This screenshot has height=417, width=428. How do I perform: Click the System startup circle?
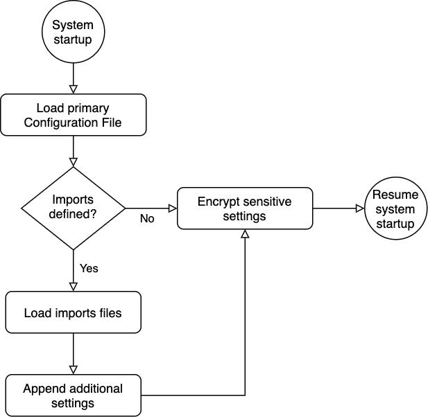point(73,32)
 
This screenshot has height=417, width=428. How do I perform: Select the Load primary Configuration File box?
point(73,116)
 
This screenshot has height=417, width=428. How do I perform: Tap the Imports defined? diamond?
point(73,208)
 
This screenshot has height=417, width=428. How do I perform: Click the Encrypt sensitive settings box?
point(244,208)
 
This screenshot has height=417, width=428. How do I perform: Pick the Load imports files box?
point(73,312)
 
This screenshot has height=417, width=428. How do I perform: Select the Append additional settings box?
point(73,395)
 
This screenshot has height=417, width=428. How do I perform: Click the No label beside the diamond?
point(147,219)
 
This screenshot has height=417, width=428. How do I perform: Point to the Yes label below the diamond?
point(89,268)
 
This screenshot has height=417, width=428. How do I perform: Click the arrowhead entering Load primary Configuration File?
point(73,89)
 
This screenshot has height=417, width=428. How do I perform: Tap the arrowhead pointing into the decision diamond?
point(73,161)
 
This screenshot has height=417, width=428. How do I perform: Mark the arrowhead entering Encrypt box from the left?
point(172,208)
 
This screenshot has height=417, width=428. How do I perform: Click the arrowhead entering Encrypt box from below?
point(244,235)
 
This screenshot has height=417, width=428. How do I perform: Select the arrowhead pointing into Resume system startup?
point(359,208)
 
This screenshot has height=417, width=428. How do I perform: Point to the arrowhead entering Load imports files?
point(73,286)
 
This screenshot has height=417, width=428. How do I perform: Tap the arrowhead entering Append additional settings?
point(73,369)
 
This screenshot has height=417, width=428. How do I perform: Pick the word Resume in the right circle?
point(395,195)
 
